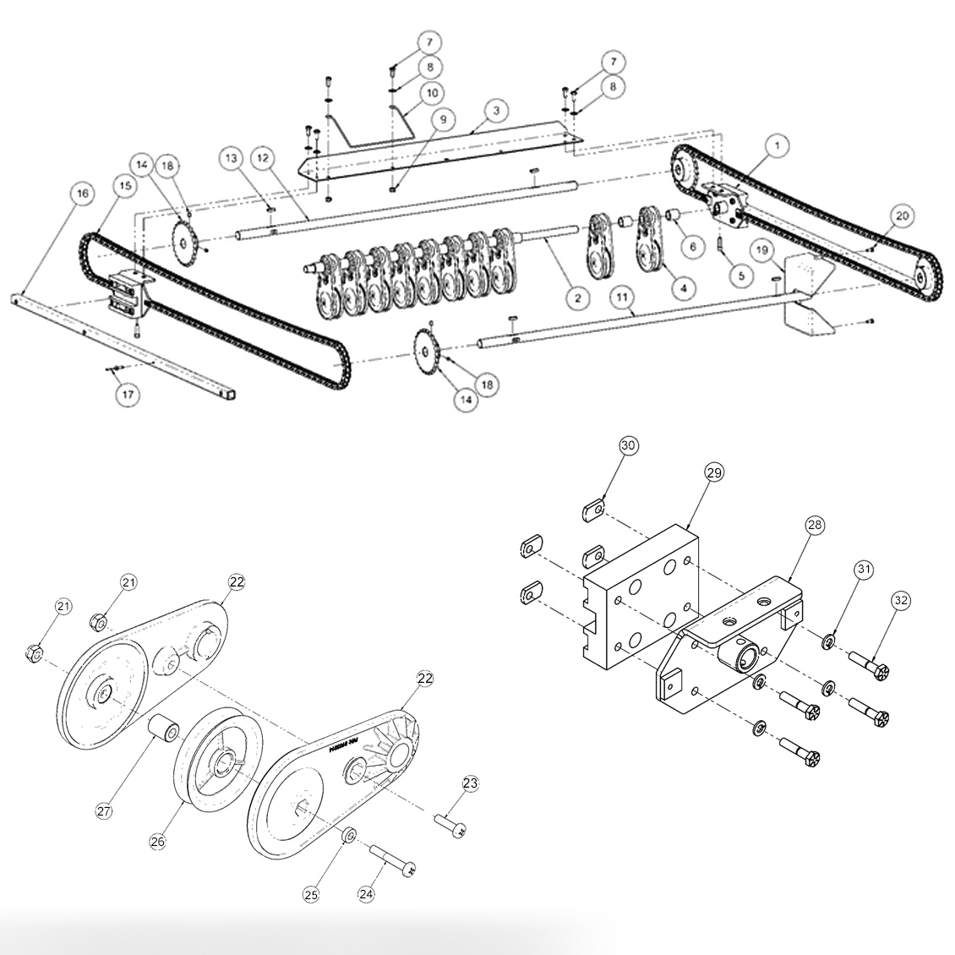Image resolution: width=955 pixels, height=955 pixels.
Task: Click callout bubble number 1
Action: click(775, 145)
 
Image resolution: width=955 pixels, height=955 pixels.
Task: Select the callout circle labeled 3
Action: click(496, 111)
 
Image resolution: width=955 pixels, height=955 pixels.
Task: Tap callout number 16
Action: click(81, 194)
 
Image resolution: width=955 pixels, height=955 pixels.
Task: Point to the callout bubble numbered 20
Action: click(902, 216)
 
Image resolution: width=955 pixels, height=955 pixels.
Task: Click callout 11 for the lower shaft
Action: click(622, 298)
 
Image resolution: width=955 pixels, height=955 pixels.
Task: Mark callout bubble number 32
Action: click(901, 601)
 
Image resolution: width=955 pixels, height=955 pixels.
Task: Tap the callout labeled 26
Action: click(158, 841)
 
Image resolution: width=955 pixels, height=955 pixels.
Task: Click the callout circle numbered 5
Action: click(741, 275)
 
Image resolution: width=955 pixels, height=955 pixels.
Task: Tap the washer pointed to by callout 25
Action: click(347, 836)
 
